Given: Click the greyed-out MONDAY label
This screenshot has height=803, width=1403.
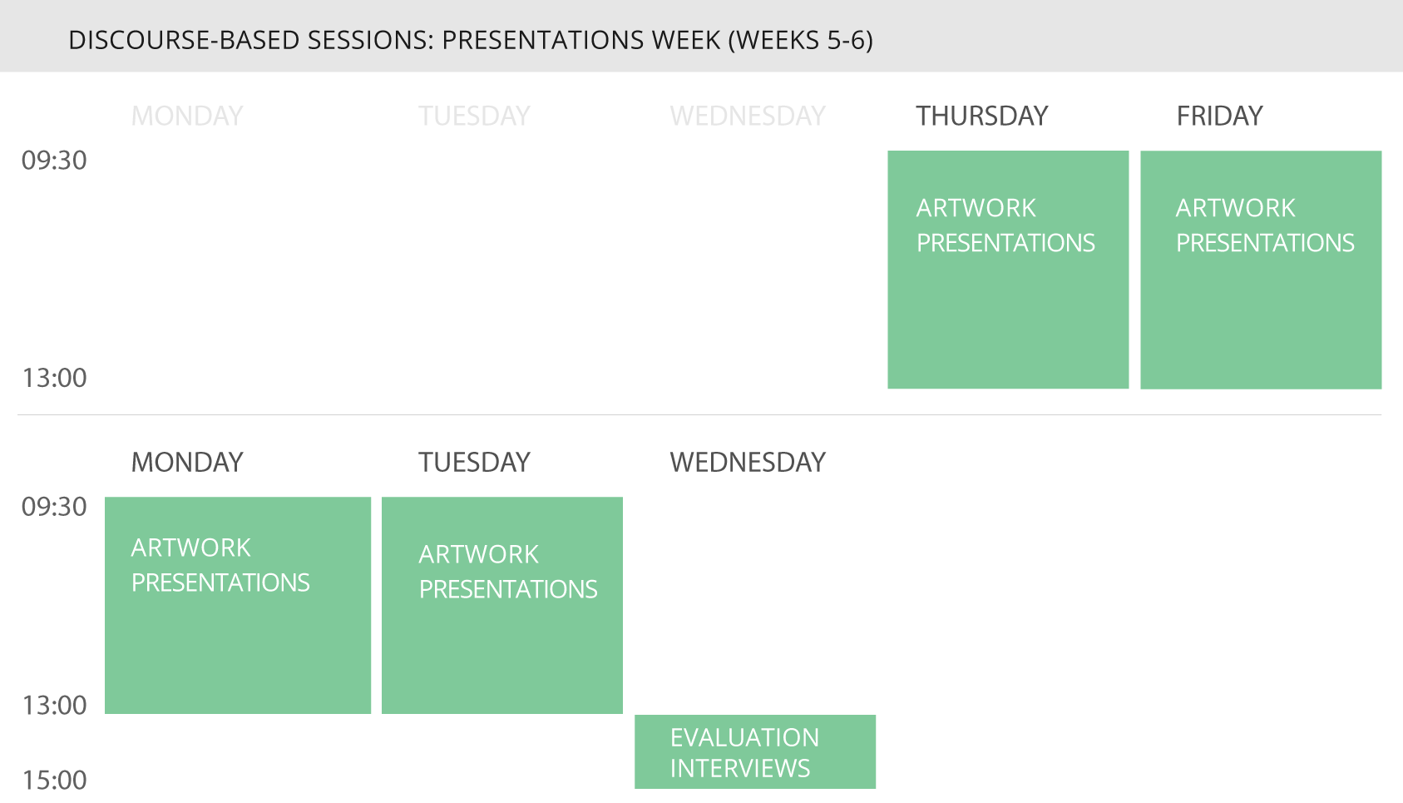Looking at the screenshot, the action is point(186,116).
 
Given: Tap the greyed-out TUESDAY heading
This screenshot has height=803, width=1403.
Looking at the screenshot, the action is point(474,116).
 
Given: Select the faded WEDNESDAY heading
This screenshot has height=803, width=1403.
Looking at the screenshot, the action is point(747,116).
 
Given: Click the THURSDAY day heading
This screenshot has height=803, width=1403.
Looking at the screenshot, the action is point(981,116).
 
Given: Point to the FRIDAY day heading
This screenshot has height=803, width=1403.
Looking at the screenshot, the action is point(1219,116).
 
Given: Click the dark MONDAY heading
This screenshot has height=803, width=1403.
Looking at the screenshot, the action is point(186,463).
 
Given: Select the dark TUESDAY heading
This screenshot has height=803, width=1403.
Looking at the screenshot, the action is point(474,463).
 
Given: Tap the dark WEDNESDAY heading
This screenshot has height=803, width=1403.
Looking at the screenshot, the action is point(747,463).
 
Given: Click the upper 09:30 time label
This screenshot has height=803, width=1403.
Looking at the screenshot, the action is point(54,161).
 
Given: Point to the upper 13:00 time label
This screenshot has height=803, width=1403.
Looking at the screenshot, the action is point(54,378).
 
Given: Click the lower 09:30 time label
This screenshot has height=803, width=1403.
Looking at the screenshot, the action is point(54,507).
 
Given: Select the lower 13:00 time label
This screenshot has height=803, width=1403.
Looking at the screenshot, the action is point(54,706).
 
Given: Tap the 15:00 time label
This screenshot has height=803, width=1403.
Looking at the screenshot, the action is point(54,781).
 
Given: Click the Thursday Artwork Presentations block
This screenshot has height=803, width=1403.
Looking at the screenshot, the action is point(1008,270).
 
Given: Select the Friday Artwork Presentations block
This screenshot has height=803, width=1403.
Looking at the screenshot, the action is point(1261,270).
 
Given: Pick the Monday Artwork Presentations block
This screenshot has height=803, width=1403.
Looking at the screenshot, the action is point(237,606).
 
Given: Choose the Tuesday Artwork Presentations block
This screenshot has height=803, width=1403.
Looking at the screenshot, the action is point(501,606).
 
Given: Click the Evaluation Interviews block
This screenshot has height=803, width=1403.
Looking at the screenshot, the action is point(755,751).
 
